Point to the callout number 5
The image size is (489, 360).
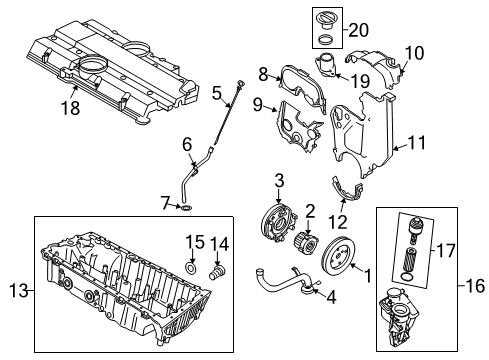(x=216, y=94)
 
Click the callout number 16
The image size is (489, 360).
(x=475, y=284)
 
